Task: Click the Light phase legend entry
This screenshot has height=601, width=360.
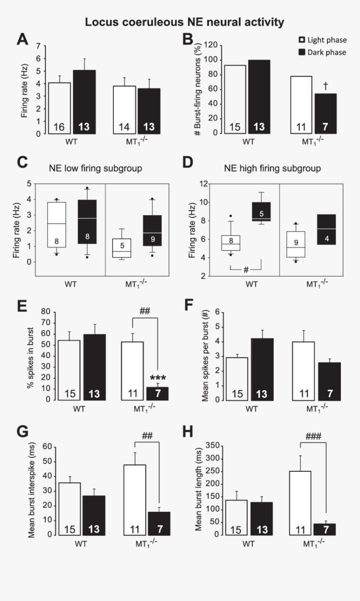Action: pyautogui.click(x=322, y=40)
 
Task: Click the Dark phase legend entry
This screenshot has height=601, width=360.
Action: pyautogui.click(x=322, y=52)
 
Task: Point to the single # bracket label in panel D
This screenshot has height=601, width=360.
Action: pyautogui.click(x=246, y=270)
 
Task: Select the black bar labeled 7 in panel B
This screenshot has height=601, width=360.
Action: pyautogui.click(x=325, y=113)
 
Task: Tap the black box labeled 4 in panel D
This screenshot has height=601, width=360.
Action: pyautogui.click(x=326, y=230)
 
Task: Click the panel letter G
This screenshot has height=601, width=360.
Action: pyautogui.click(x=23, y=432)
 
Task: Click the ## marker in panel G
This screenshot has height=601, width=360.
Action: pyautogui.click(x=147, y=436)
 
